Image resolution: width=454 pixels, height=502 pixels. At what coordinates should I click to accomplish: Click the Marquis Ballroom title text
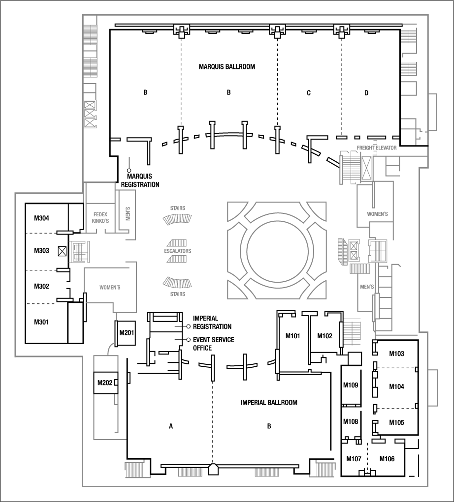coord(227,66)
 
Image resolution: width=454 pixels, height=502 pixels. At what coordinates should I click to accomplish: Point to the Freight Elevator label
coord(376,147)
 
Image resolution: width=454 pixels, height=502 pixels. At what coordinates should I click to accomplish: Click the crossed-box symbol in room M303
coord(62,251)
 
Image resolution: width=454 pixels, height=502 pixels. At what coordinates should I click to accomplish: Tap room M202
coord(104,383)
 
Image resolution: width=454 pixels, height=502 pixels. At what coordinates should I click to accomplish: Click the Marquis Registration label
coord(143,180)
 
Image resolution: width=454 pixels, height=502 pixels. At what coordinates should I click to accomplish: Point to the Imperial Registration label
coord(212,323)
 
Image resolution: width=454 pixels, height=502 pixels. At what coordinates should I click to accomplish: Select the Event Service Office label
coord(213,344)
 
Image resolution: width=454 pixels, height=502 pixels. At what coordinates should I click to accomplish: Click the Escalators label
coord(177,251)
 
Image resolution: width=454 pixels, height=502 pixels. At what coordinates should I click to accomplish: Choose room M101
coord(293,336)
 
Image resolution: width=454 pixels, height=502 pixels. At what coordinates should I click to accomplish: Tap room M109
coord(352,385)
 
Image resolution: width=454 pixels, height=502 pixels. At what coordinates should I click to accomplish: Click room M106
coord(387,459)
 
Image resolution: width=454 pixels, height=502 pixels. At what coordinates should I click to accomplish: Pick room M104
coord(396,387)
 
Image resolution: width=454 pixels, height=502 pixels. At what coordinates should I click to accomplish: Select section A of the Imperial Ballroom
coord(171,426)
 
